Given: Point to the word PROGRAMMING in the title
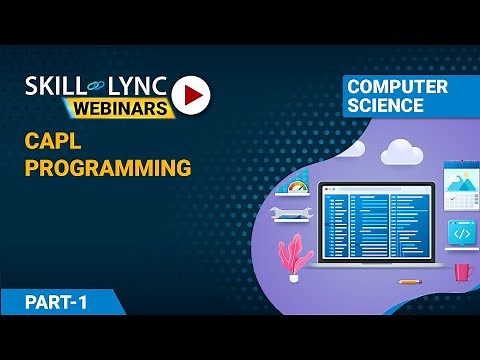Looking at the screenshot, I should pos(107,168).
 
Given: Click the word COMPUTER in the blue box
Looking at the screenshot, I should pos(397,87).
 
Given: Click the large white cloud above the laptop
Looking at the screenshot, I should pos(399,151).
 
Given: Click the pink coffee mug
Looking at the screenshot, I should pos(462,271).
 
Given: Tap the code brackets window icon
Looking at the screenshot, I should pos(461,233).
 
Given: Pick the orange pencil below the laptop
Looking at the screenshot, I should pos(408,281).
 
